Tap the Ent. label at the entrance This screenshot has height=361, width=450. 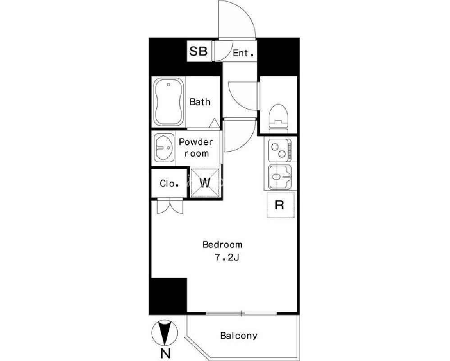coord(243,53)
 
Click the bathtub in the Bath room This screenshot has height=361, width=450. coord(168,102)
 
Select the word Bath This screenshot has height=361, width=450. coord(200,102)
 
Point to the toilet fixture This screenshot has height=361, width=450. coord(278,119)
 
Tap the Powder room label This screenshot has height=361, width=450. coord(196,148)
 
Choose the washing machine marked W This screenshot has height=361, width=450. coord(205,183)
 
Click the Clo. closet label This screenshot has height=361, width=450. coord(169,183)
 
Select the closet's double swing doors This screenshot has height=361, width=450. coord(170,206)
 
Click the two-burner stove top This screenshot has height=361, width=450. coord(280,150)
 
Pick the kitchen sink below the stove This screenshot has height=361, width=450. coord(280,177)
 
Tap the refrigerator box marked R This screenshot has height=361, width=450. coord(281,205)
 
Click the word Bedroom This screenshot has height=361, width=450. coord(223,245)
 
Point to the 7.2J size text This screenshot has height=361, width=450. coord(227,258)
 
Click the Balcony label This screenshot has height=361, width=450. coord(239,335)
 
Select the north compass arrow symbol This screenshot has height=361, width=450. coord(164,333)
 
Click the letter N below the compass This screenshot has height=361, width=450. coord(165,353)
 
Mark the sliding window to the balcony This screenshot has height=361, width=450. coord(241,313)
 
